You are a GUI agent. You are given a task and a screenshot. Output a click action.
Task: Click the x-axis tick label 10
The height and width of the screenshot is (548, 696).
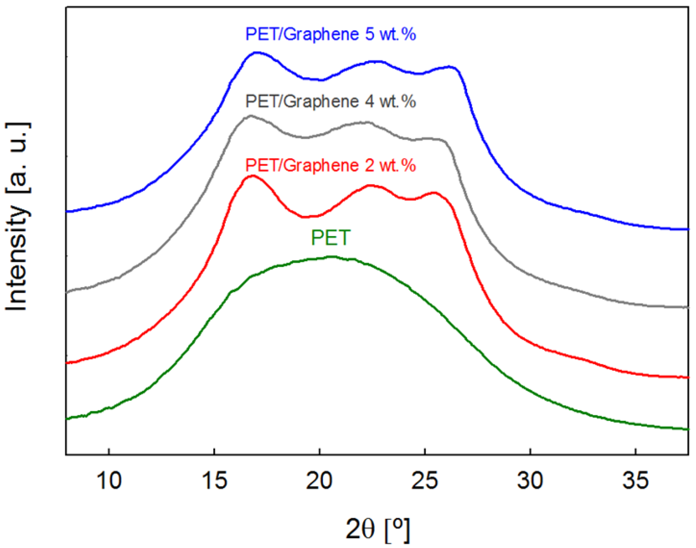click(109, 481)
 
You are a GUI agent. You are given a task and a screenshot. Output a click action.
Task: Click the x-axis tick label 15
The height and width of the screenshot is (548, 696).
click(214, 481)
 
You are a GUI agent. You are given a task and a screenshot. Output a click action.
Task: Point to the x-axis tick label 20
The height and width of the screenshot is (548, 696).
click(319, 481)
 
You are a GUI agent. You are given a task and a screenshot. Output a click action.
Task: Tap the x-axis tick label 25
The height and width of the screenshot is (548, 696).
click(425, 481)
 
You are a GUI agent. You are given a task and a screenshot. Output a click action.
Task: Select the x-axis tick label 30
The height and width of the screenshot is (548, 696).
click(530, 481)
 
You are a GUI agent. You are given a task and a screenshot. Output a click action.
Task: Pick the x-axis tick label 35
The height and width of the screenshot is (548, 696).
click(635, 481)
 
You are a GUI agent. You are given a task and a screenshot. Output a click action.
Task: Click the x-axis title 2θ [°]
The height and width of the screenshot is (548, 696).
click(378, 529)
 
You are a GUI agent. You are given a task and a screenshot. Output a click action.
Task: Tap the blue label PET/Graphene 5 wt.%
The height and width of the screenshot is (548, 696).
click(330, 34)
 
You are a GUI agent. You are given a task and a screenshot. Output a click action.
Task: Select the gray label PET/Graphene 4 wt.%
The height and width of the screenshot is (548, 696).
click(330, 102)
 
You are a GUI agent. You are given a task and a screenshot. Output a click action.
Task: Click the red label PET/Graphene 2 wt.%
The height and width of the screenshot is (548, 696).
click(330, 166)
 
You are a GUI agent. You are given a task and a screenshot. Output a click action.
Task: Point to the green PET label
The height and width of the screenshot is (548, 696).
click(330, 237)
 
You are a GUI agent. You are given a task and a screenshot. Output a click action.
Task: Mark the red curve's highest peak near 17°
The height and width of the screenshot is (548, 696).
click(252, 176)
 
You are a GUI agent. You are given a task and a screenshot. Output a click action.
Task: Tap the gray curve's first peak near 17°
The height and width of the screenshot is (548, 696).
click(251, 116)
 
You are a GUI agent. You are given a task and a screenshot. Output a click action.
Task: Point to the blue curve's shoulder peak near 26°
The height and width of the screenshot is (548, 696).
click(449, 67)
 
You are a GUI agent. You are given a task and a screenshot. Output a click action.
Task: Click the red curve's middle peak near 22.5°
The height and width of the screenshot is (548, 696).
click(370, 185)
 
